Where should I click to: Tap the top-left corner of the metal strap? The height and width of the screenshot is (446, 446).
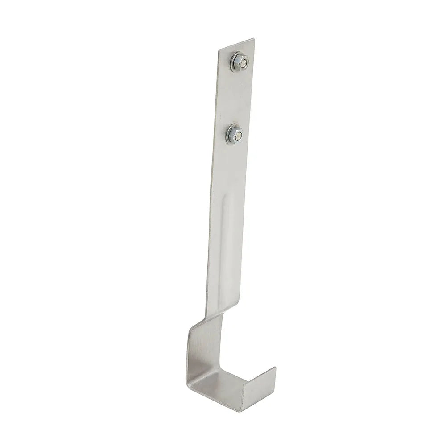tap(219, 50)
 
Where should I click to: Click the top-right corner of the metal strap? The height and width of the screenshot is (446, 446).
tap(255, 39)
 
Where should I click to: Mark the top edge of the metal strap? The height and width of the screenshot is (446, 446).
tap(237, 44)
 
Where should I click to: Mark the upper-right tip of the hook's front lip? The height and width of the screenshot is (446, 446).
tap(276, 368)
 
